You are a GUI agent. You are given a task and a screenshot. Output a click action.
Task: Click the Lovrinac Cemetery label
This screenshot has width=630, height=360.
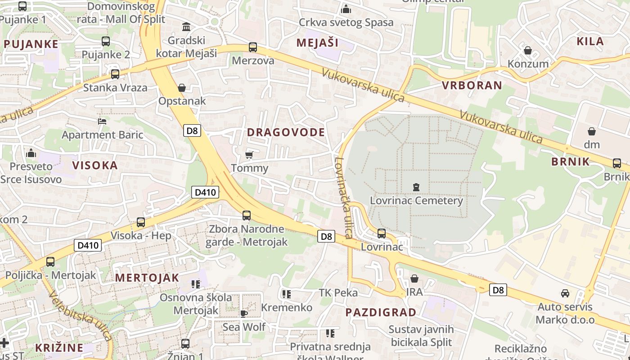(x=416, y=200)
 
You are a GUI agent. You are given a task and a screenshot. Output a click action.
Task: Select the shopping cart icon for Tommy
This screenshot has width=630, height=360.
(x=249, y=155)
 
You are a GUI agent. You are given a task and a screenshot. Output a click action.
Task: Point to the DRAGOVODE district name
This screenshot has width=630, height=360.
(x=286, y=132)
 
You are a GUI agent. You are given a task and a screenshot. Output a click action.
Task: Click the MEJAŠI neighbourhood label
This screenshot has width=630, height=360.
(x=317, y=43)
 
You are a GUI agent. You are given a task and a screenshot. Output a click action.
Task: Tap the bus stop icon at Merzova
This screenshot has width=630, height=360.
(x=253, y=47)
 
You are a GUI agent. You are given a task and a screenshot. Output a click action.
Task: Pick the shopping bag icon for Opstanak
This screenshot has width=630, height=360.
(x=182, y=88)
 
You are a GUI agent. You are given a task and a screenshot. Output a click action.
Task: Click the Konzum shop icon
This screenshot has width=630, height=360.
(x=528, y=50)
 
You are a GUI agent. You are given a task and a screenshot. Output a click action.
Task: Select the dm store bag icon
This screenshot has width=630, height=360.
(x=592, y=131)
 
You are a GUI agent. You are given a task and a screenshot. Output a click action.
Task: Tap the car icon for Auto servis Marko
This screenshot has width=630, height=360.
(x=565, y=293)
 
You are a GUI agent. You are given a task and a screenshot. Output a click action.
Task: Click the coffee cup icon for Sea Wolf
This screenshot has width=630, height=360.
(x=244, y=313)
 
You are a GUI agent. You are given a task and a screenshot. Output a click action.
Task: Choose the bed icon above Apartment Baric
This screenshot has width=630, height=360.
(x=102, y=121)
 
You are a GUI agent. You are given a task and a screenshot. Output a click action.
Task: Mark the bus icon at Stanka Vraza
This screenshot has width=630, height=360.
(x=115, y=74)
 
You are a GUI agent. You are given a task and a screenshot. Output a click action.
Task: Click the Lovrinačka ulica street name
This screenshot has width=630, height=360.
(x=343, y=198)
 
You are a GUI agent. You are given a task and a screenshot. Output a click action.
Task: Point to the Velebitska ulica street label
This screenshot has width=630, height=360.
(x=81, y=316)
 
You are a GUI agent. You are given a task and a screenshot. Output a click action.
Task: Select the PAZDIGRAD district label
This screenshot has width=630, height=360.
(x=381, y=312)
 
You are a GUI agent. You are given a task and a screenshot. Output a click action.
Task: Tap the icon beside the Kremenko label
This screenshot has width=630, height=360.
(x=286, y=294)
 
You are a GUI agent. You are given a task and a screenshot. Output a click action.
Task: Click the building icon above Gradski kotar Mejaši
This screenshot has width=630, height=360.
(x=186, y=27)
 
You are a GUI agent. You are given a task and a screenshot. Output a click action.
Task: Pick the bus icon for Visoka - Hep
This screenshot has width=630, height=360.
(x=141, y=222)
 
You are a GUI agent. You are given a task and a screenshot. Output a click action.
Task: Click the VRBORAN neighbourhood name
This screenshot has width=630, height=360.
(x=472, y=85)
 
